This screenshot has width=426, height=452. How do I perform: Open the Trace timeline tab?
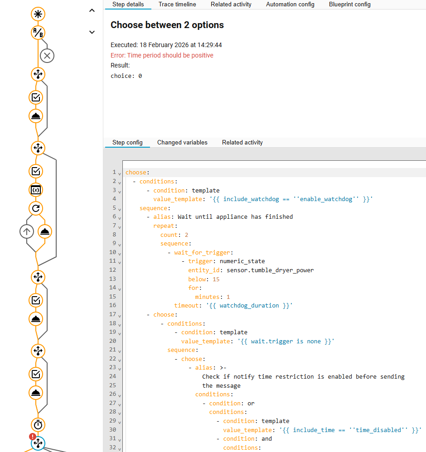[x=177, y=5]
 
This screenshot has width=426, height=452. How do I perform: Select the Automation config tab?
[x=290, y=5]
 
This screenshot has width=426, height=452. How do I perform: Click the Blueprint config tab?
[x=349, y=5]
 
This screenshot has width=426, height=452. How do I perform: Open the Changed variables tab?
[x=182, y=142]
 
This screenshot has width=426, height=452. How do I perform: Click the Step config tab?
[x=127, y=142]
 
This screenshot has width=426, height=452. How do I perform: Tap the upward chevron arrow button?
[x=92, y=11]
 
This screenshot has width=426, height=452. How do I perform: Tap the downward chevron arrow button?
[x=92, y=32]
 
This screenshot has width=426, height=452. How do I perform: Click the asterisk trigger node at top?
[x=38, y=14]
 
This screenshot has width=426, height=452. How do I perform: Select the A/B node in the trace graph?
[x=38, y=33]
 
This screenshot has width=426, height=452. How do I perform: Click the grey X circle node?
[x=47, y=56]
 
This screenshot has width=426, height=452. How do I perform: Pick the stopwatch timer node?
[x=38, y=425]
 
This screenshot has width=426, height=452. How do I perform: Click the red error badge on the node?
[x=33, y=437]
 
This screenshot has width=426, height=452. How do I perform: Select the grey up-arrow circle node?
[x=27, y=231]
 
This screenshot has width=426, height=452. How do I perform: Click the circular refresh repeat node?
[x=36, y=208]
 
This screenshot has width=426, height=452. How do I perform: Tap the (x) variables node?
[x=36, y=190]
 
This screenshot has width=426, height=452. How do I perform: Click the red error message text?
[x=162, y=55]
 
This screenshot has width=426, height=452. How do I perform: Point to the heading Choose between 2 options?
[x=167, y=25]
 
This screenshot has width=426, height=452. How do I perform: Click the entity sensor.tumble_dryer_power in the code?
[x=270, y=270]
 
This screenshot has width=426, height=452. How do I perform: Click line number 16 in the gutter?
[x=113, y=305]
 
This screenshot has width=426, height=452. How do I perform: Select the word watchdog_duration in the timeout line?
[x=249, y=306]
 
